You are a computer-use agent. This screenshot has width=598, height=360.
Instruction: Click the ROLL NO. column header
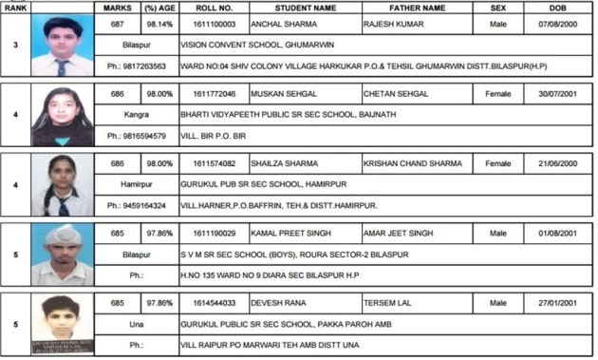[208, 7]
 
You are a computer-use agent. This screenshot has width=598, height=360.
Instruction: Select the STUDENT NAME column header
[303, 7]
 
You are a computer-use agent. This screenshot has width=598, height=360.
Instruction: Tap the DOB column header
[557, 7]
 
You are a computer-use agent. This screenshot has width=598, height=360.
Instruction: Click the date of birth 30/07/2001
[557, 95]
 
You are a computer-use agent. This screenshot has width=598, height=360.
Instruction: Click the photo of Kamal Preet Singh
[62, 255]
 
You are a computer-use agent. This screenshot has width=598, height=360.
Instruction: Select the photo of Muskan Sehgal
[62, 116]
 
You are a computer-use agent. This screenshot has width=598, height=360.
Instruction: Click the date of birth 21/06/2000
[557, 163]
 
